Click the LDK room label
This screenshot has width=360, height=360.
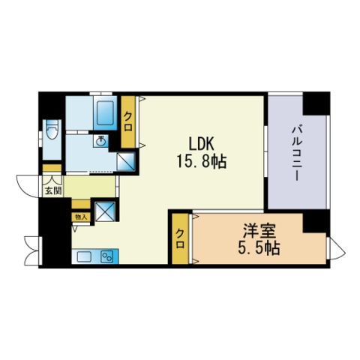point(201,144)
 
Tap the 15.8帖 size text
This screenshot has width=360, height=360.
point(202,161)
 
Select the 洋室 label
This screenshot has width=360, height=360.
point(259,230)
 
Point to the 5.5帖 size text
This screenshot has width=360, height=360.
point(259,247)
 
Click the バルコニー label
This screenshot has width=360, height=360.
point(297,154)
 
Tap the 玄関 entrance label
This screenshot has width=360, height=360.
point(52,191)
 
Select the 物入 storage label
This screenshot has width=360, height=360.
point(81,217)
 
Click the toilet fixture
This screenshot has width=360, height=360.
point(52,130)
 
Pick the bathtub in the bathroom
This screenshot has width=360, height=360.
point(105,113)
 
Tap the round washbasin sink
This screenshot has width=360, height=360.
point(101,142)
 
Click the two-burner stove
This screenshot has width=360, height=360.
point(108,256)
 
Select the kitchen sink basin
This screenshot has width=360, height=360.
point(84,256)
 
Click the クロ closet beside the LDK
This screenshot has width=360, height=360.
point(128,121)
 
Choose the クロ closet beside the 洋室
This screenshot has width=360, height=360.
point(180,238)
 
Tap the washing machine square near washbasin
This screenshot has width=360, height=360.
point(126,161)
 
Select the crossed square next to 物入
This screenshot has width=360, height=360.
point(105,211)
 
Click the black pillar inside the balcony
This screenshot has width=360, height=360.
point(316,103)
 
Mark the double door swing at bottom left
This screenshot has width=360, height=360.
point(31,250)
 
